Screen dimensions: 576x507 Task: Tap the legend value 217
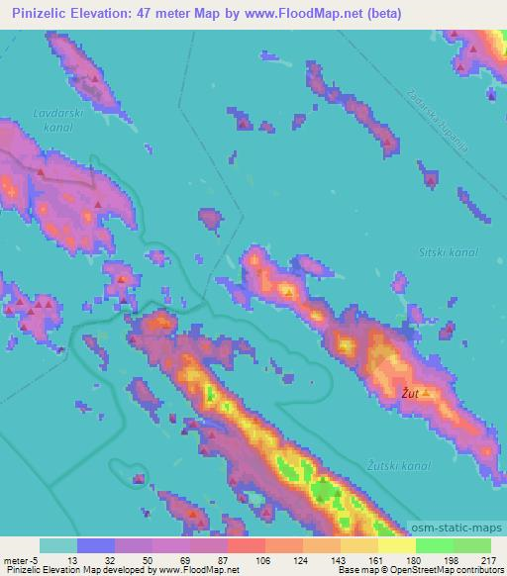tap(486, 560)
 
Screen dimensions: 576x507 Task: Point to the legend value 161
tap(374, 560)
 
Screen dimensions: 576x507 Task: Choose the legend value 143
tap(338, 560)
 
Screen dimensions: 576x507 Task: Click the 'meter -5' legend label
tap(22, 560)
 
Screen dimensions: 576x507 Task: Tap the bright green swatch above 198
tap(435, 545)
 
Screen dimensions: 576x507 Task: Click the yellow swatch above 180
tap(397, 545)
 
